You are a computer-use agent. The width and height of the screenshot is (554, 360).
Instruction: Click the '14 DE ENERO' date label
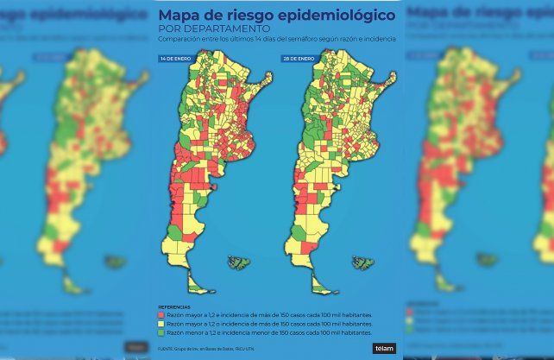(x=175, y=58)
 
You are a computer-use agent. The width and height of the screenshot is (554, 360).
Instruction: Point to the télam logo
(x=383, y=348)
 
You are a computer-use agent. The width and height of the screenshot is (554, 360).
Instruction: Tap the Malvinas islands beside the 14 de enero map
(x=239, y=262)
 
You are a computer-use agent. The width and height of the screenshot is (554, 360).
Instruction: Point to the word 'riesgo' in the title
(x=258, y=16)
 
